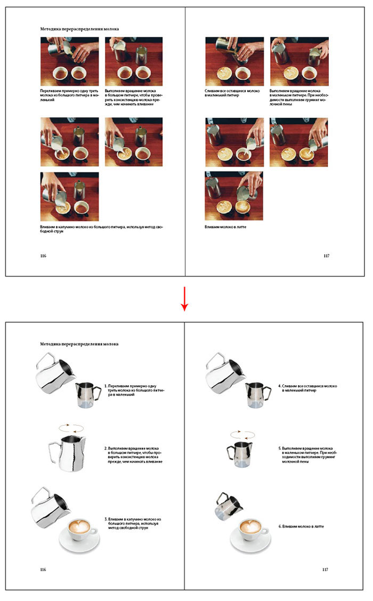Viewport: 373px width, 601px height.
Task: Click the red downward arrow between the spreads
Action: coord(184,298)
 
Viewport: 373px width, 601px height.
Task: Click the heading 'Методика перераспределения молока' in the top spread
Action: coord(79,29)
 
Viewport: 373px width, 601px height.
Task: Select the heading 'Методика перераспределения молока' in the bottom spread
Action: coord(79,344)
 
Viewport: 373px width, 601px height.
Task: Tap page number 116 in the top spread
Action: coord(44,256)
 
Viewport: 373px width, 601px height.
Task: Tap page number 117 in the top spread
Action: coord(326,256)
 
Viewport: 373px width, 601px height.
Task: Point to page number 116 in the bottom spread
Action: coord(44,570)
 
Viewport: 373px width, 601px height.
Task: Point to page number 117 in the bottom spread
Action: coord(326,570)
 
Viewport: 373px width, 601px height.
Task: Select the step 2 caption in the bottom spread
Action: coord(133,455)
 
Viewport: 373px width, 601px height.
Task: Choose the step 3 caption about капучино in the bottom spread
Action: coord(133,523)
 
